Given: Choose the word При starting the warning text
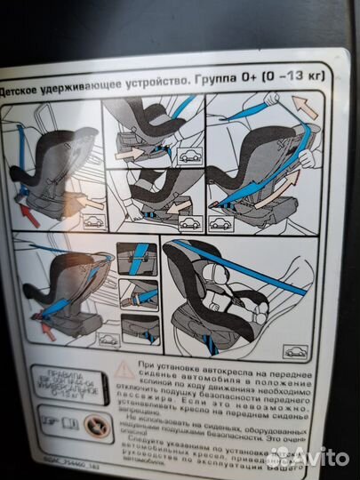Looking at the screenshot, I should click(x=146, y=366).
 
